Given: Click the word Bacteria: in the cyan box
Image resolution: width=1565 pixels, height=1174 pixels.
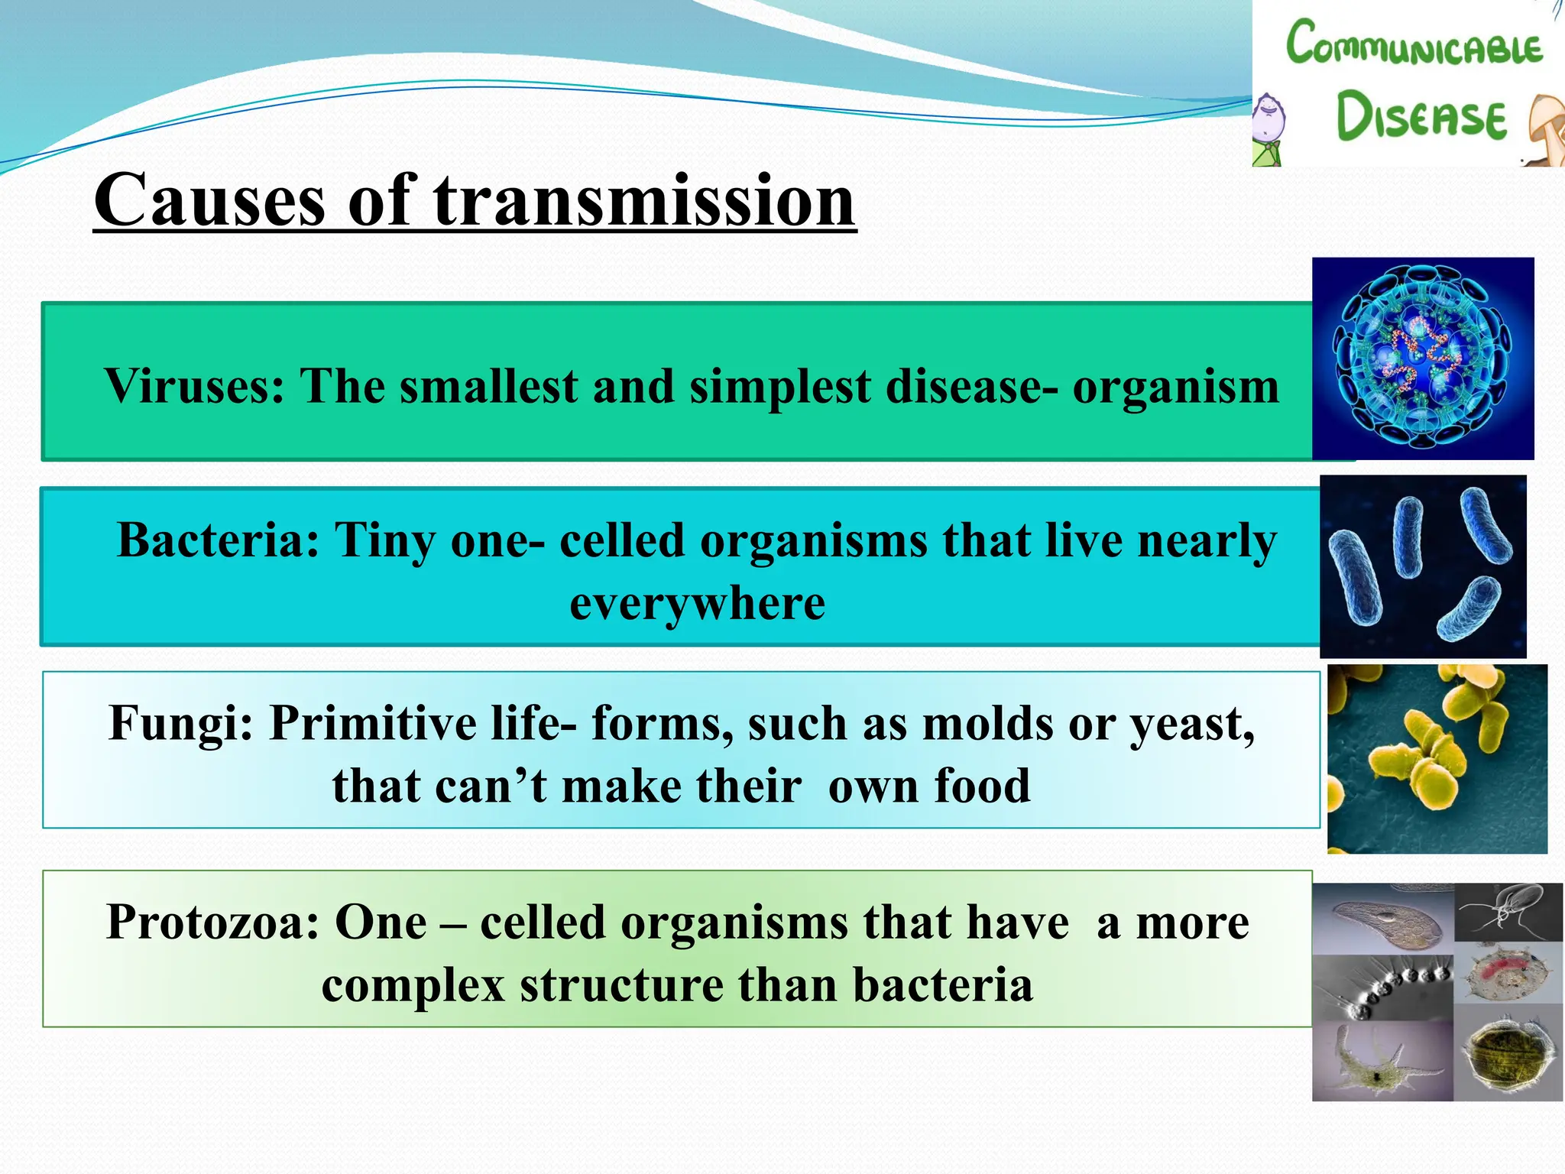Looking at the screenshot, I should (219, 540).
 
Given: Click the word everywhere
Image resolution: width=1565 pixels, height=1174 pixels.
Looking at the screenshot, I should (697, 604).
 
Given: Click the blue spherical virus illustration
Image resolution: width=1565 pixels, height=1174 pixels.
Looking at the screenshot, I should (1422, 358).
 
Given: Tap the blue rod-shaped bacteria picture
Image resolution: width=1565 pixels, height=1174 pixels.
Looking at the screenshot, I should (1422, 566).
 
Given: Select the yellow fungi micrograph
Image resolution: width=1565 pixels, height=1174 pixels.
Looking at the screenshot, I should (1437, 758).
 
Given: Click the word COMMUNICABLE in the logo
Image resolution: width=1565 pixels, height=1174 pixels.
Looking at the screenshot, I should (1414, 44).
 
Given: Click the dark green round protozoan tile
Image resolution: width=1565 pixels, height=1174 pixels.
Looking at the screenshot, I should (1508, 1058).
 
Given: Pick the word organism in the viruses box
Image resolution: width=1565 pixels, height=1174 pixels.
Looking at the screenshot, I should (1175, 386).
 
